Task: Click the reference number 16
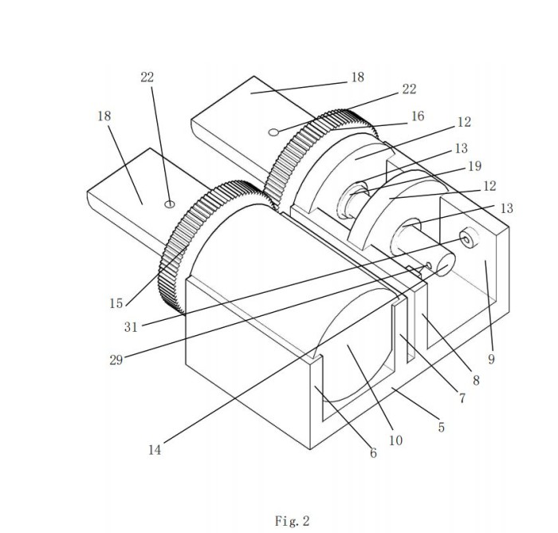pos(418,116)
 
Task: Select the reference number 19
pos(475,166)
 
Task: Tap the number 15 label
pos(116,303)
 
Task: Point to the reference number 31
pos(131,326)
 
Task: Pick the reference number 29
pos(116,360)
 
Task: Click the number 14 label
pos(155,450)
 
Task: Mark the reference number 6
pos(373,453)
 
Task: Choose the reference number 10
pos(395,440)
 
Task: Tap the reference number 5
pos(442,427)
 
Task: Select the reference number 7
pos(462,398)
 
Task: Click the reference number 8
pos(476,381)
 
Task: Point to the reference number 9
pos(492,359)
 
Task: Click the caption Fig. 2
pos(293,521)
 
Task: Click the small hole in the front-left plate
pos(170,204)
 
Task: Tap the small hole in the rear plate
pos(273,132)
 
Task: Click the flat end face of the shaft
pos(446,265)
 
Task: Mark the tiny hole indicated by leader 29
pos(429,266)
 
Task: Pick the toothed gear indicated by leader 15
pos(214,246)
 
